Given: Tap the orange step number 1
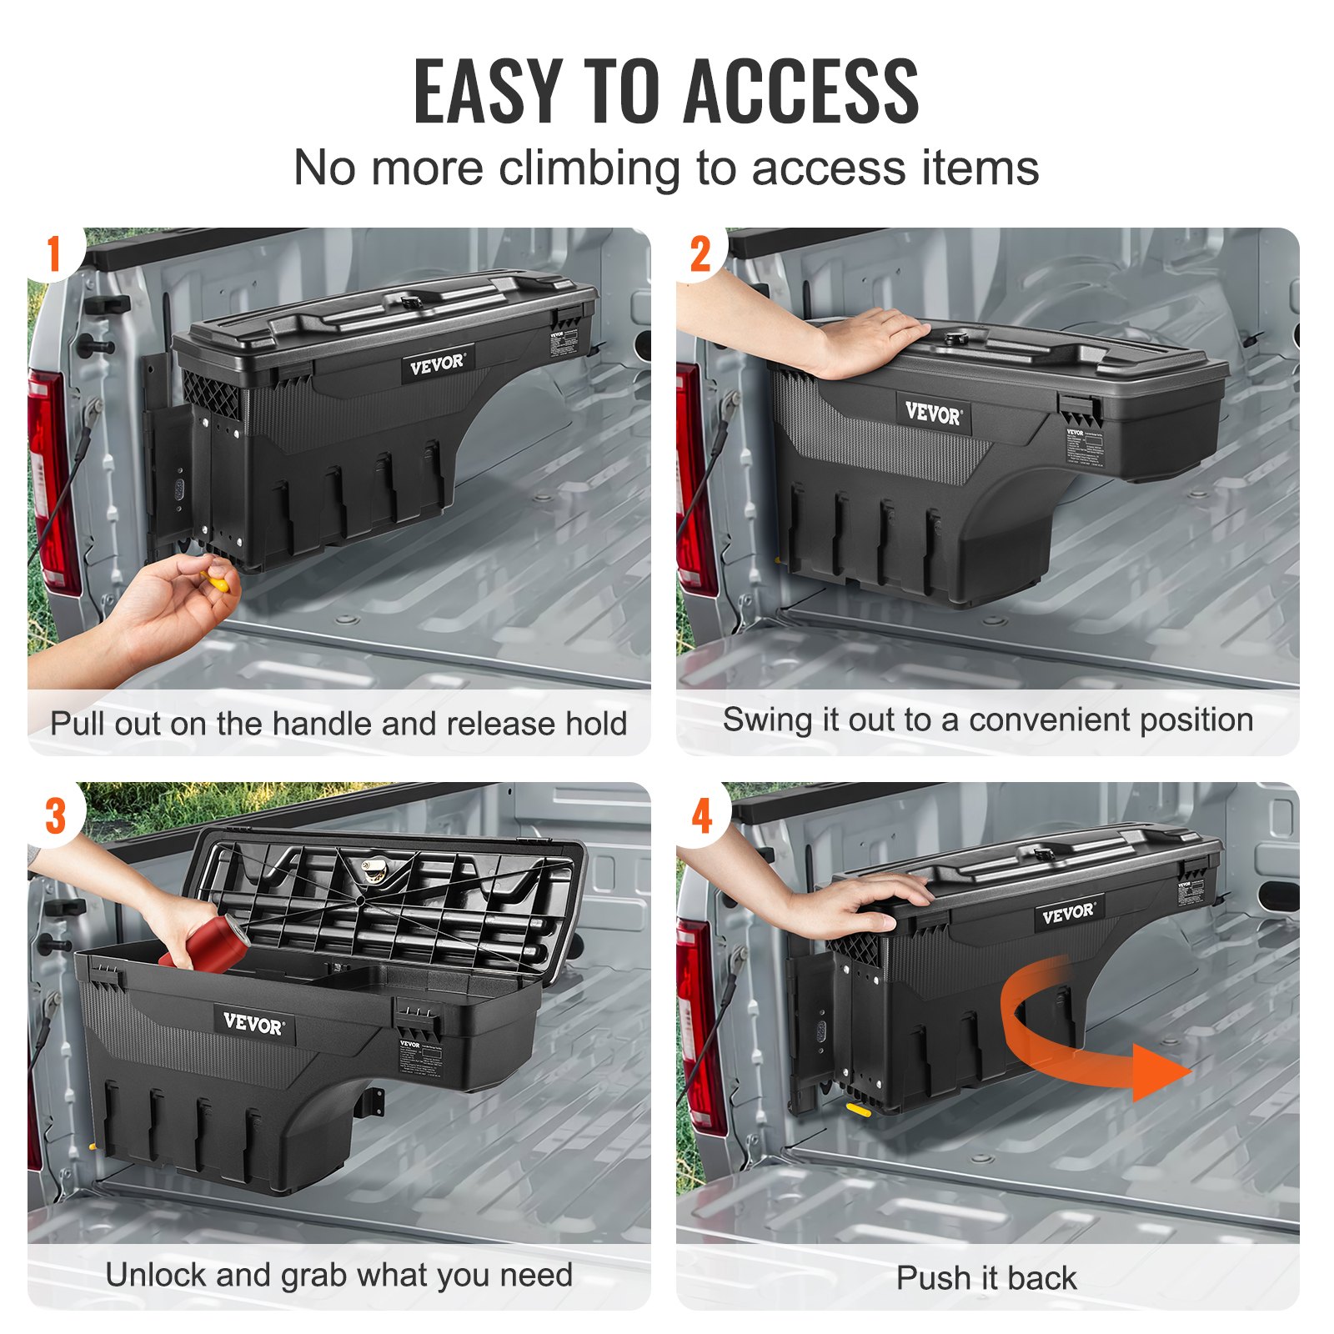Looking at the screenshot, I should (54, 253).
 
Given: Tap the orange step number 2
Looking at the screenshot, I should (701, 254).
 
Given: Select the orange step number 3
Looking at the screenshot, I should (55, 816).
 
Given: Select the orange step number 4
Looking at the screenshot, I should (702, 815).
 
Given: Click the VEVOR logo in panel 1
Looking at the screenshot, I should (437, 364).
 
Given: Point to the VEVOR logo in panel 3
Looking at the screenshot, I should (253, 1023).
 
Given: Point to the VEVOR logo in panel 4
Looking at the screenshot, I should (1068, 913).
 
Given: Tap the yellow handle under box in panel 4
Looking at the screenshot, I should (858, 1109).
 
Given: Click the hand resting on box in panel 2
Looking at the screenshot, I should (867, 339).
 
